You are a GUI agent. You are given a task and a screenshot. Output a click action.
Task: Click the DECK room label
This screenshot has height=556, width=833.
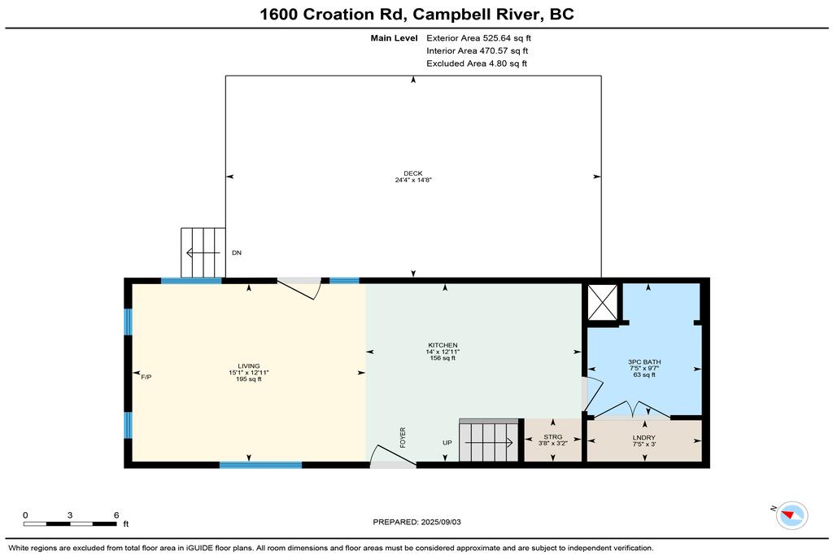pyautogui.click(x=412, y=173)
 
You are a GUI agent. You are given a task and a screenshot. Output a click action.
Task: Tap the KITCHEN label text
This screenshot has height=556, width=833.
pyautogui.click(x=443, y=345)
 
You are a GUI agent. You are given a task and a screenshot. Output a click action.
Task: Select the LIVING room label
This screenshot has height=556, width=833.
pyautogui.click(x=249, y=366)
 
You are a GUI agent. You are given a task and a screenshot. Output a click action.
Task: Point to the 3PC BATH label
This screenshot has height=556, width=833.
pyautogui.click(x=644, y=362)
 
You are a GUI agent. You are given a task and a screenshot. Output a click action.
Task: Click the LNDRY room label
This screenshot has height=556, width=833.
pyautogui.click(x=644, y=437)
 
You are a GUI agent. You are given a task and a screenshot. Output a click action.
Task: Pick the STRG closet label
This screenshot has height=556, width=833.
pyautogui.click(x=553, y=437)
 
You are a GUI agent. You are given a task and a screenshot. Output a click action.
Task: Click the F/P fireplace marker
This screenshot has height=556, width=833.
pyautogui.click(x=146, y=377)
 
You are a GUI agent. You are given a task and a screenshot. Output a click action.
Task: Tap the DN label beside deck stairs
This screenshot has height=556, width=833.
pyautogui.click(x=237, y=252)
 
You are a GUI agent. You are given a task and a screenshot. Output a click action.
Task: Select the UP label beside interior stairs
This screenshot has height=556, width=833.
pyautogui.click(x=447, y=443)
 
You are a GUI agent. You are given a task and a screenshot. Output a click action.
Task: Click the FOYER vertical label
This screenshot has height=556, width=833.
pyautogui.click(x=403, y=437)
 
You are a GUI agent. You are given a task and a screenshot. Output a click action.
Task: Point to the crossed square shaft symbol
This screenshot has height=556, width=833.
pyautogui.click(x=603, y=303)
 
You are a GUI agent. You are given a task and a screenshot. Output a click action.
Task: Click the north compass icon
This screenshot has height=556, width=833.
pyautogui.click(x=792, y=515)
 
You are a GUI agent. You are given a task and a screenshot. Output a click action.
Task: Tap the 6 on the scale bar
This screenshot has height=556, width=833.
pyautogui.click(x=116, y=515)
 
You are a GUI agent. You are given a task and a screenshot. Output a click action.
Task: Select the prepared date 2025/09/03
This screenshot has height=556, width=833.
pyautogui.click(x=440, y=522)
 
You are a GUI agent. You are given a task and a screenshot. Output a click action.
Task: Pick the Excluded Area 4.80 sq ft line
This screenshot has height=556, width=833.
pyautogui.click(x=477, y=63)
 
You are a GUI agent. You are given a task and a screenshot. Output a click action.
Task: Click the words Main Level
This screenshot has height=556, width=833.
pyautogui.click(x=395, y=38)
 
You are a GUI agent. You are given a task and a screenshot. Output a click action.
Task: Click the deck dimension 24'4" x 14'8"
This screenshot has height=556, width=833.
pyautogui.click(x=412, y=180)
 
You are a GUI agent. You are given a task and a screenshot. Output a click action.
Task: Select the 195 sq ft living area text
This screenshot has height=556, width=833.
pyautogui.click(x=249, y=379)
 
